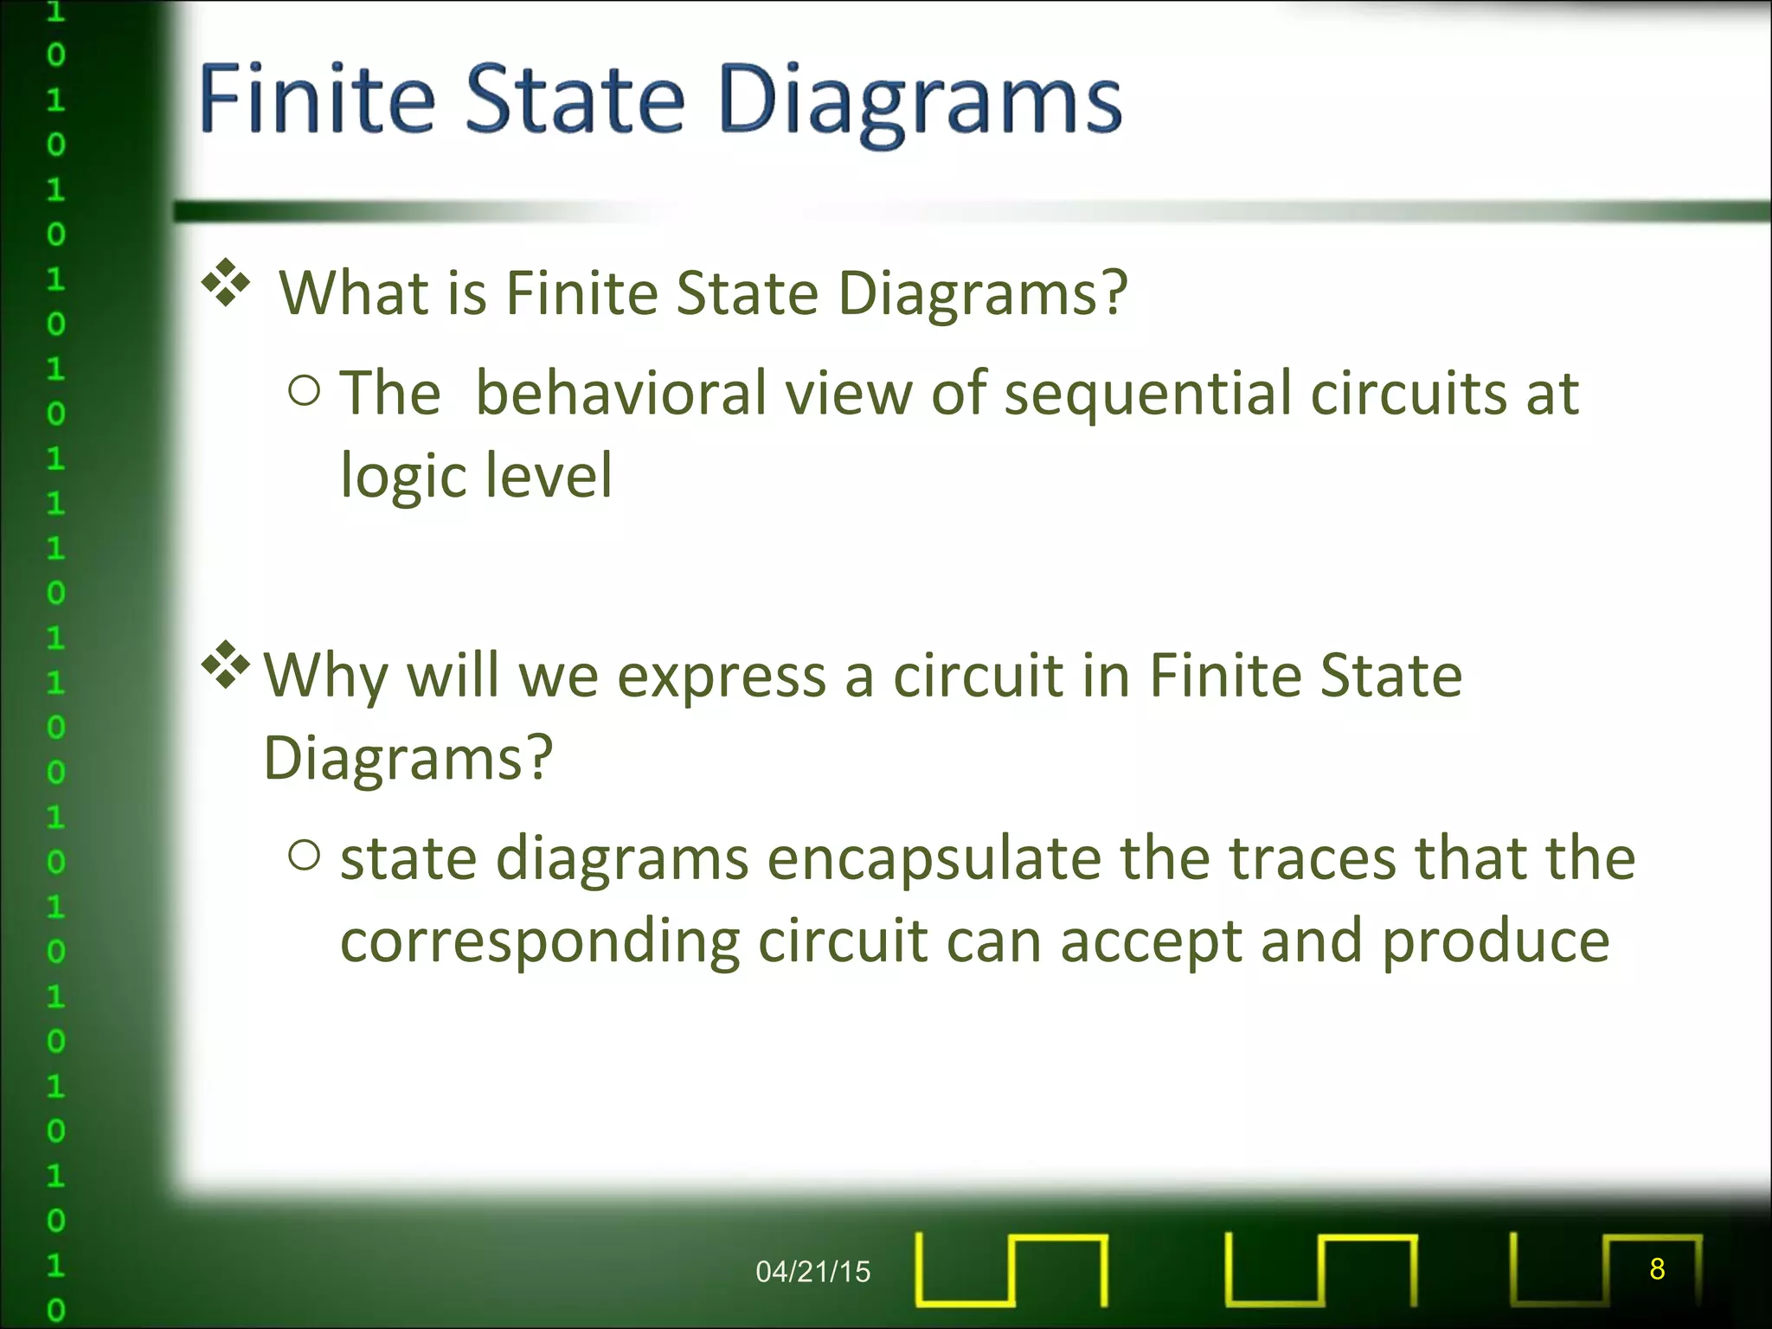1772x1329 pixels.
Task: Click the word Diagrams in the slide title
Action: point(919,102)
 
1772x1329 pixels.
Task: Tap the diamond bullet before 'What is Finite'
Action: point(226,283)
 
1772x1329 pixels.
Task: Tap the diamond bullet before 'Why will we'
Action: point(226,665)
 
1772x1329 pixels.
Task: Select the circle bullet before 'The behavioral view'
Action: point(305,391)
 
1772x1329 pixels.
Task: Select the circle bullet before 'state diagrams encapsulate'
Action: point(305,856)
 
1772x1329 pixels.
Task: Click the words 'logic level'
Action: point(476,476)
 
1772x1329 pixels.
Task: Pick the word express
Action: point(721,677)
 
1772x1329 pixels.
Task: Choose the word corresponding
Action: point(540,943)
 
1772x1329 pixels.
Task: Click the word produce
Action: point(1494,943)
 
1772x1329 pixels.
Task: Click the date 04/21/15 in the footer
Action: point(812,1271)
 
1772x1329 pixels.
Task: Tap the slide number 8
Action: point(1656,1268)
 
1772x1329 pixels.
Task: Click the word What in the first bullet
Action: point(354,293)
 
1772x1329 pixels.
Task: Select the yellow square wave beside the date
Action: point(1011,1269)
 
